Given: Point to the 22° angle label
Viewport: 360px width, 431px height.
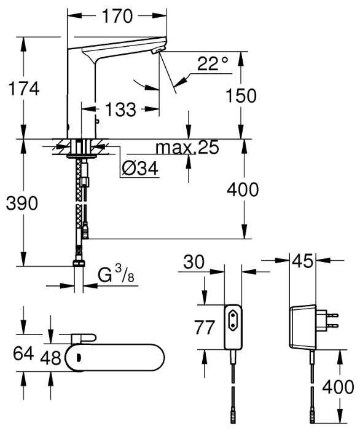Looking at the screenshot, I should (213, 63).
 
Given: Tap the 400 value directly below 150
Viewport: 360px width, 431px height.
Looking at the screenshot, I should (242, 190).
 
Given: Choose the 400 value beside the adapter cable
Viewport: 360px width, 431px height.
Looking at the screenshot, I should (338, 387).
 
